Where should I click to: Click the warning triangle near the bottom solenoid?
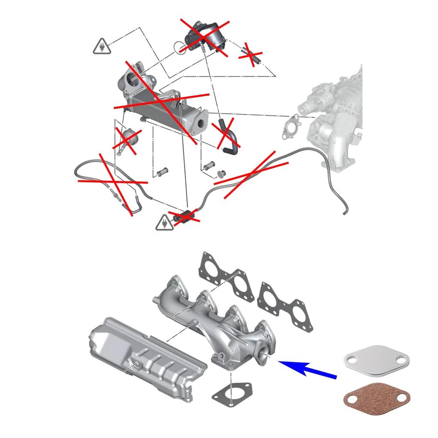(x=163, y=222)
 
